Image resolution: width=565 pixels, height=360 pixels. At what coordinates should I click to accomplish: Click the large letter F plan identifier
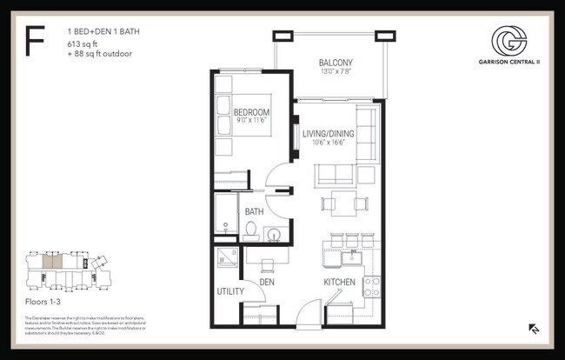(36, 41)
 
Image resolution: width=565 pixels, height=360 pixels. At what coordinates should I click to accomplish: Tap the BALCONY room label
(335, 63)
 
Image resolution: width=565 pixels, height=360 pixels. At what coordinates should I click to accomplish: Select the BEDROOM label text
(251, 112)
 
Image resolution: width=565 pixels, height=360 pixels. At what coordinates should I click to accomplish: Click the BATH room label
(254, 211)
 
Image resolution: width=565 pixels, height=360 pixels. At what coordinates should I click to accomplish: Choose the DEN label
(267, 283)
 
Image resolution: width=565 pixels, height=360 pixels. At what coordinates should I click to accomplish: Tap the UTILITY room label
(229, 292)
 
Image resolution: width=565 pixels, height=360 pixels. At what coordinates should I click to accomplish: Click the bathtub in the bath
(226, 214)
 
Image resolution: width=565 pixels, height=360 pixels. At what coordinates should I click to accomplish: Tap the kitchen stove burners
(371, 284)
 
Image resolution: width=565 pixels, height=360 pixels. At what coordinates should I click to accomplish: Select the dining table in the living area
(341, 205)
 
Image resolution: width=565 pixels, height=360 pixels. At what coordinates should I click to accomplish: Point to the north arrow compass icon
(534, 329)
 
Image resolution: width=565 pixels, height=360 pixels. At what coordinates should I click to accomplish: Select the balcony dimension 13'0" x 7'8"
(335, 72)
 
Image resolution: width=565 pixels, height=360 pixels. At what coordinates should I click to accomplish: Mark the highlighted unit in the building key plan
(54, 261)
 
